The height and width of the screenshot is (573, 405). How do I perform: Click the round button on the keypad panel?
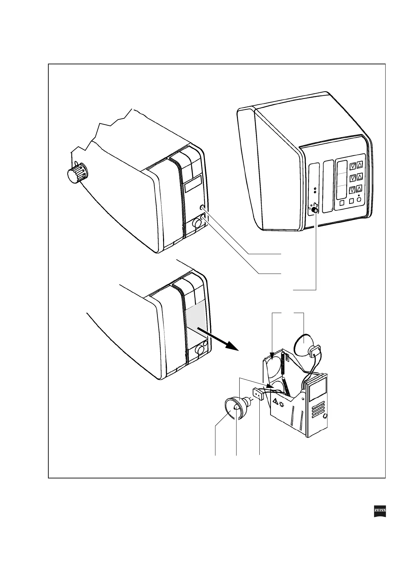point(358,200)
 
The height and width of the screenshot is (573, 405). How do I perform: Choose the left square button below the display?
point(342,202)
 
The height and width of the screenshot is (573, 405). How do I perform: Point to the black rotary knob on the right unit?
point(315,210)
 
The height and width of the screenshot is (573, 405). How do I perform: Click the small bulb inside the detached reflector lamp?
point(236,407)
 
